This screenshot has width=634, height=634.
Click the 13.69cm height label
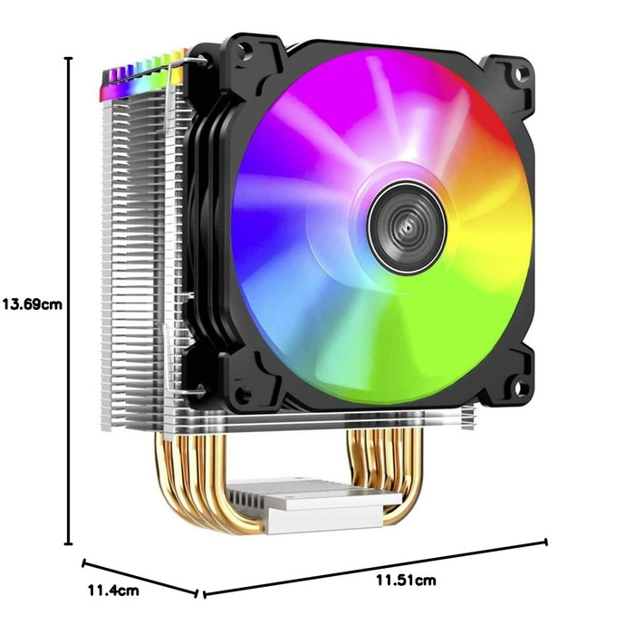32,304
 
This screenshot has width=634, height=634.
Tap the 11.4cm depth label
113,591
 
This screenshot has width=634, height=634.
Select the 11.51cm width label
406,579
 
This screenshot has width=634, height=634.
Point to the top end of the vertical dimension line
69,57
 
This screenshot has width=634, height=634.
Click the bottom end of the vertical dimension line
69,544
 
